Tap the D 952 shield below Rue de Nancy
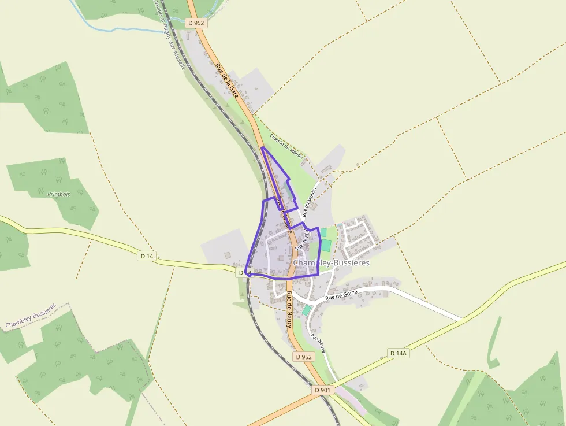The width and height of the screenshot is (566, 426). coord(304,357)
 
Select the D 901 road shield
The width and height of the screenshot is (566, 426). coord(324,390)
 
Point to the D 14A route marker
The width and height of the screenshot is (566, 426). coord(398,353)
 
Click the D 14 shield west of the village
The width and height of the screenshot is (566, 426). coord(147,255)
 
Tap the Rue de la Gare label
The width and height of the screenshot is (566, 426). coord(227,81)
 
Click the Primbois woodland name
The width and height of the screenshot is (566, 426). coord(59,194)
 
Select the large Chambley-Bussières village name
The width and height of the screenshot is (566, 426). coord(332,263)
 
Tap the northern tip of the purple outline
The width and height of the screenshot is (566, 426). coord(262,148)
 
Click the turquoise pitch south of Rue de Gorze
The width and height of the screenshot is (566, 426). coord(306,310)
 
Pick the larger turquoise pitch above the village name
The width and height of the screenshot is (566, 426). coord(326,245)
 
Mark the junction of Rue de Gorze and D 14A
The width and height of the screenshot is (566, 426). coord(463,319)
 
